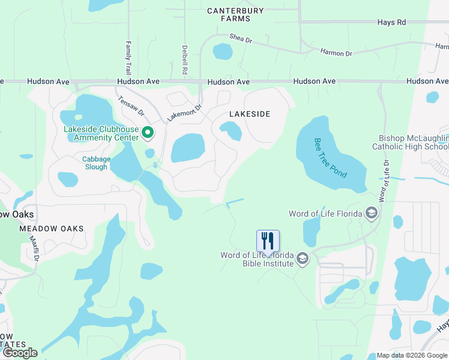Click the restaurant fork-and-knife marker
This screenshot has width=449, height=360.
pos(268,241)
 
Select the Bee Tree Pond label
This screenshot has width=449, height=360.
pos(330,157)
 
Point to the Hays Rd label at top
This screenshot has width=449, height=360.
pos(392,22)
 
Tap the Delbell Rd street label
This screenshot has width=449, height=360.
pos(185,59)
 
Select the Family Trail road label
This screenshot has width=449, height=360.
pos(128,58)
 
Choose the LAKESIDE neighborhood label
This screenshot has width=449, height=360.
pos(250,114)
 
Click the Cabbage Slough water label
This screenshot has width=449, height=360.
pos(95,163)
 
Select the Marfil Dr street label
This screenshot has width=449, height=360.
pos(34,248)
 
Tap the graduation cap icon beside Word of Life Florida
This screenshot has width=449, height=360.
pos(372,214)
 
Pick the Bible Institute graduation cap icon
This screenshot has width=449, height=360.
pos(303,259)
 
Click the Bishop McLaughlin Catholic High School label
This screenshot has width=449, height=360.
pos(411,142)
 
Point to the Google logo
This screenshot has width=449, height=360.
pos(20,353)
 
